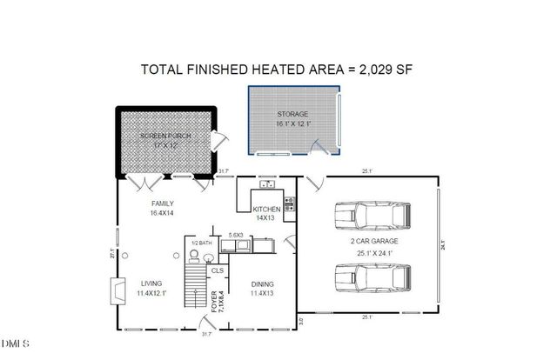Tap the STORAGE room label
click(292, 115)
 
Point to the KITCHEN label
click(265, 210)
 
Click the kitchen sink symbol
click(267, 184)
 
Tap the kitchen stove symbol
click(289, 204)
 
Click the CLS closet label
click(217, 270)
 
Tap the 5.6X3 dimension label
click(235, 236)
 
